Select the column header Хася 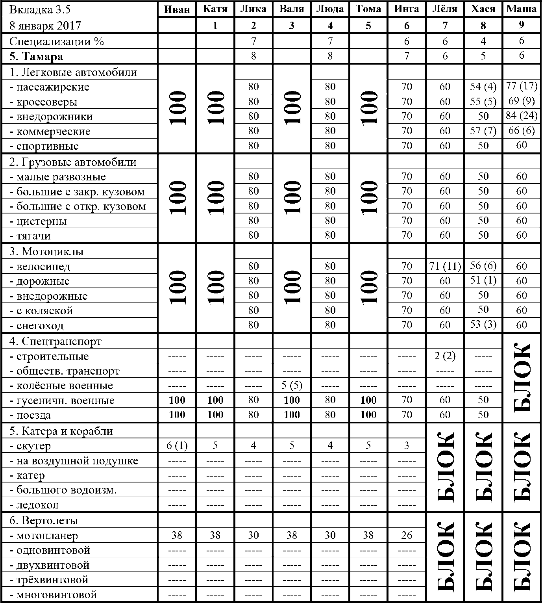(483, 9)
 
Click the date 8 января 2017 (45, 26)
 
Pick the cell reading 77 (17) (522, 86)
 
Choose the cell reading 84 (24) (522, 116)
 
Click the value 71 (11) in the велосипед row (445, 266)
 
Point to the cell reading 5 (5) (292, 385)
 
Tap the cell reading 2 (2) (445, 356)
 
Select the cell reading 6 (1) (177, 445)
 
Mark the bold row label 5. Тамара (36, 56)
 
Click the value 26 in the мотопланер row (407, 535)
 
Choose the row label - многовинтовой (54, 594)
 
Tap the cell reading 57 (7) (483, 131)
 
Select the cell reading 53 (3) (483, 325)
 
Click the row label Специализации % (57, 41)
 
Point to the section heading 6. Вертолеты (44, 520)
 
